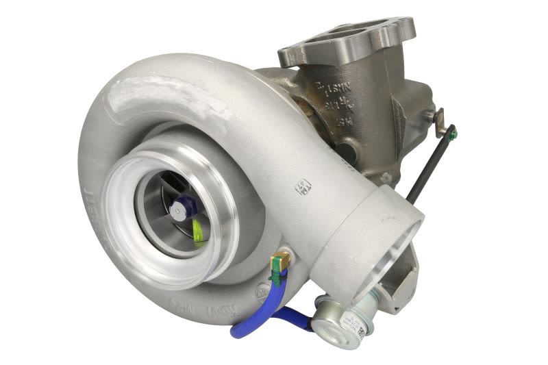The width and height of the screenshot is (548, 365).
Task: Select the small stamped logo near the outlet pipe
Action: [303, 186]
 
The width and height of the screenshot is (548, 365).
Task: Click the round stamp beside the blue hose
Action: [261, 293]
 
